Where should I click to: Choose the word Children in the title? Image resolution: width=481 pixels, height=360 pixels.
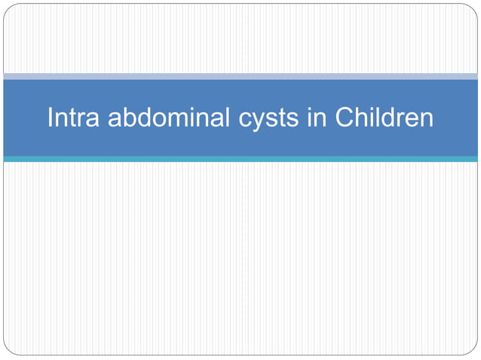(384, 118)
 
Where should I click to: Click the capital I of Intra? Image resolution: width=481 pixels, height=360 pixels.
(51, 118)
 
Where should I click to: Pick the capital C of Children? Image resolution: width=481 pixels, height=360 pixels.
(344, 118)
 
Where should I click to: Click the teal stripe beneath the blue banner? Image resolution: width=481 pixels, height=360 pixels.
(240, 159)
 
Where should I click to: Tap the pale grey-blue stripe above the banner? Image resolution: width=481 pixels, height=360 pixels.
(240, 76)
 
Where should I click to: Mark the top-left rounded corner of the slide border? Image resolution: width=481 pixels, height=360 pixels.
(8, 8)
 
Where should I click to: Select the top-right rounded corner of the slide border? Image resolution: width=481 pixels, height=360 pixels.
(473, 8)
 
